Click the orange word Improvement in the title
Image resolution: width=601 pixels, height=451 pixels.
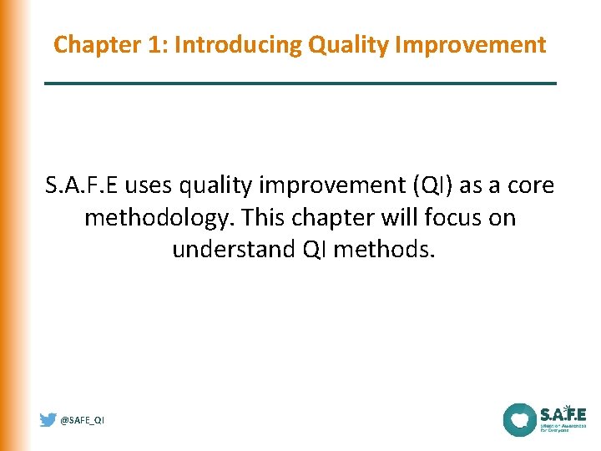pyautogui.click(x=469, y=44)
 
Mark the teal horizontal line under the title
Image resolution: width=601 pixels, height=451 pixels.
pyautogui.click(x=300, y=84)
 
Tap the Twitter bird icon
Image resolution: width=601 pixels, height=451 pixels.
pyautogui.click(x=48, y=420)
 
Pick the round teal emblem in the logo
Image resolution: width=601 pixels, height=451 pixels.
pyautogui.click(x=519, y=419)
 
